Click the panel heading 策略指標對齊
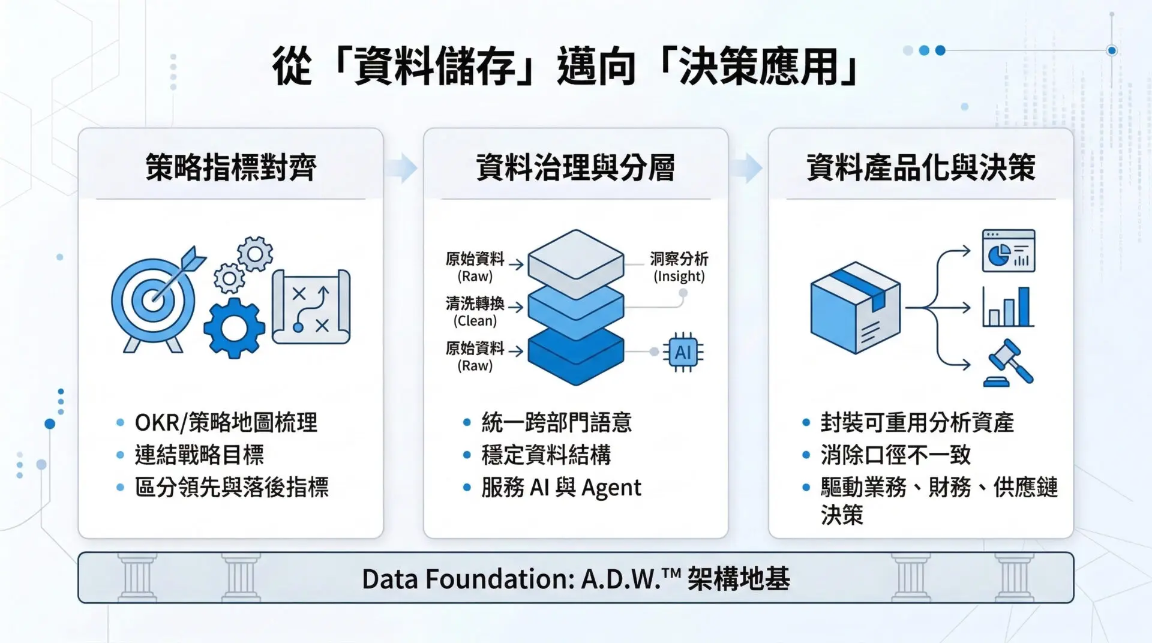click(231, 167)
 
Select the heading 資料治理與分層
click(575, 167)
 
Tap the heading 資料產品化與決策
click(921, 167)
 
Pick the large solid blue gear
click(234, 328)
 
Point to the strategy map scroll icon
click(311, 307)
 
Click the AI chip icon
click(683, 352)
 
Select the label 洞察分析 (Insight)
click(679, 267)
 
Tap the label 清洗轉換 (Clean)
click(475, 311)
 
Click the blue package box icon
click(856, 307)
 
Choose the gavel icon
click(1009, 363)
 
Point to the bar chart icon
click(1008, 307)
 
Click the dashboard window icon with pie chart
click(1009, 250)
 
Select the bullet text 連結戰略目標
click(199, 455)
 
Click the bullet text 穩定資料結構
click(546, 455)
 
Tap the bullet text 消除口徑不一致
click(896, 455)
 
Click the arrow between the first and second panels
click(401, 167)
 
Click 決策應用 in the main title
click(758, 66)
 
